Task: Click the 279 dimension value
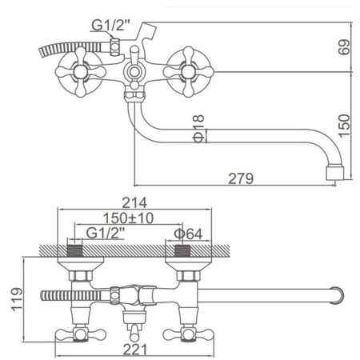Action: coord(241,178)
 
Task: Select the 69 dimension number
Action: coord(344,47)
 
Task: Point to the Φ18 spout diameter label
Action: coord(198,129)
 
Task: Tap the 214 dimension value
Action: coord(134,202)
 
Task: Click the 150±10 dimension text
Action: coord(128,218)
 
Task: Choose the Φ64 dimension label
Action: coord(188,234)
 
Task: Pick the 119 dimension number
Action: coord(17,299)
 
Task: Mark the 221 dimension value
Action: coord(135,350)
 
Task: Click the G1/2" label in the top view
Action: coord(110,25)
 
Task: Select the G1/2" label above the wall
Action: coord(105,234)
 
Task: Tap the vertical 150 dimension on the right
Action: coord(344,126)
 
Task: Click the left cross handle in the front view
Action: coord(81,72)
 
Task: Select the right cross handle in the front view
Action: coord(188,72)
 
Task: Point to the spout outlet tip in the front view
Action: coord(335,173)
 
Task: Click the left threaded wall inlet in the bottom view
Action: coord(74,250)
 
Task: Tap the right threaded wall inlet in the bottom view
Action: coord(182,250)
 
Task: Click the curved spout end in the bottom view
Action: coord(338,295)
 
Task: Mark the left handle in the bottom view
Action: coord(81,334)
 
